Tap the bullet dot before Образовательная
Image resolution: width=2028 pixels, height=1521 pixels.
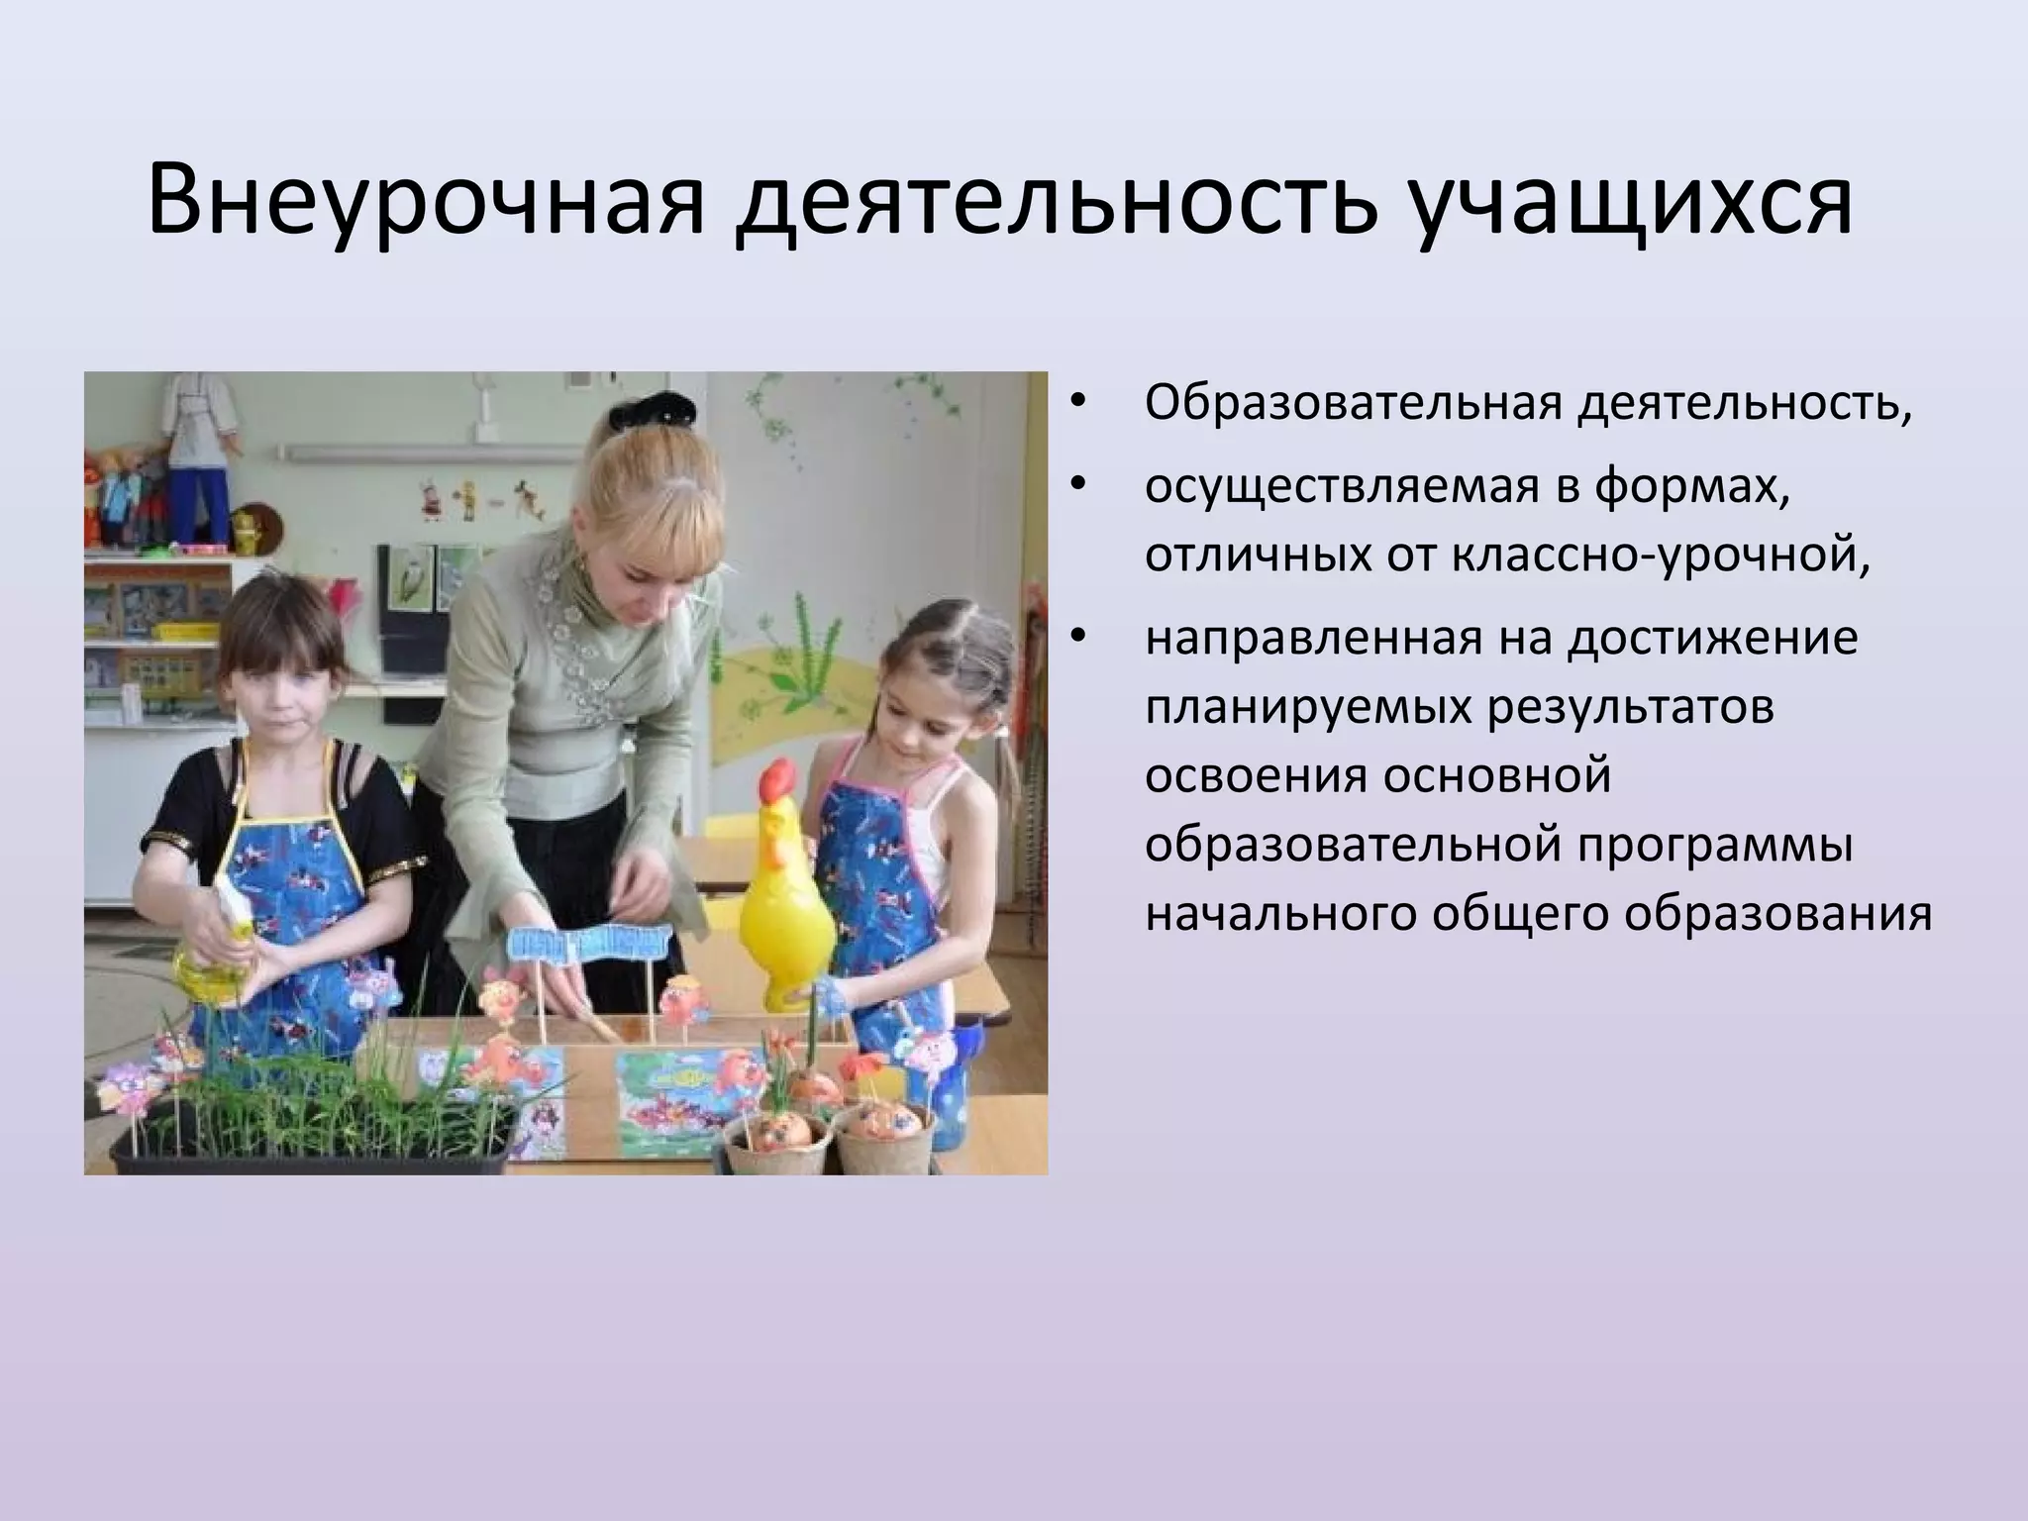coord(1079,404)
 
